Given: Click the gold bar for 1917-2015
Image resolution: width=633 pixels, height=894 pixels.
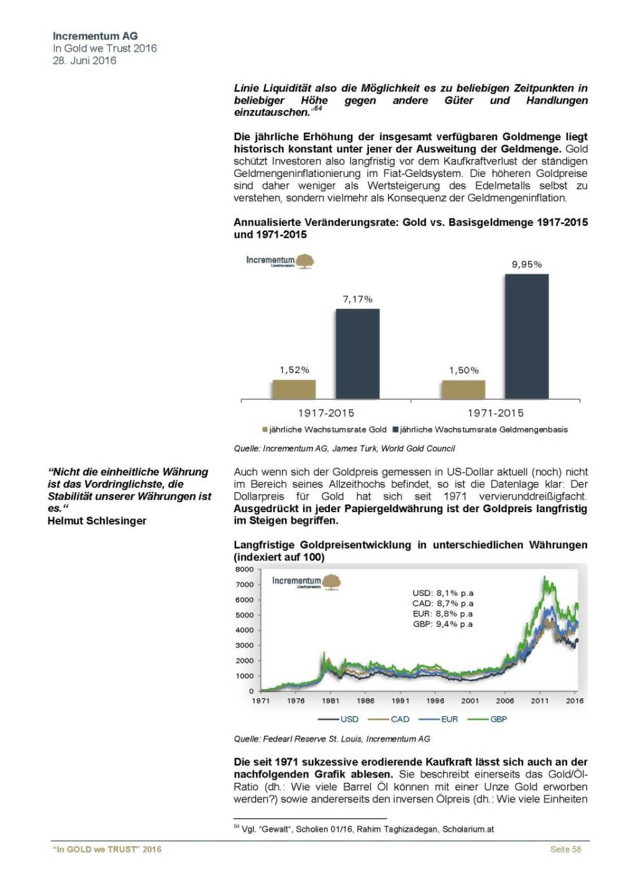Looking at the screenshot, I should click(x=294, y=389).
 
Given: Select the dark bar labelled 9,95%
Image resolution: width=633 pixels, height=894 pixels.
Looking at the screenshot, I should click(x=526, y=336).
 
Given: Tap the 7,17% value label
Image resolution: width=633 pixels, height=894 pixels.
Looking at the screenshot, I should click(x=358, y=299).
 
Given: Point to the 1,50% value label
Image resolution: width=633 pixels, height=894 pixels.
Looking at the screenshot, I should click(x=464, y=370).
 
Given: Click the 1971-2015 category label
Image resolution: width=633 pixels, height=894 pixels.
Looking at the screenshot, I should click(x=495, y=413).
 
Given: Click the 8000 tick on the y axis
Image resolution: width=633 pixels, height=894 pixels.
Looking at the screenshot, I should click(x=245, y=569).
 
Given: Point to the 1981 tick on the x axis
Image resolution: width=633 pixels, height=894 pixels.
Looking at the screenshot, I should click(x=330, y=701).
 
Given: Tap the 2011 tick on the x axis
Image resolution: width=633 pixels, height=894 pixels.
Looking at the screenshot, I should click(x=540, y=701).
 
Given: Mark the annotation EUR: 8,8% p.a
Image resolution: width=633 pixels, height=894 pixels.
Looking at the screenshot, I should click(x=443, y=614).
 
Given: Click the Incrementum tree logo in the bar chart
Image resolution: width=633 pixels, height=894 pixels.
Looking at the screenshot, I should click(x=304, y=261).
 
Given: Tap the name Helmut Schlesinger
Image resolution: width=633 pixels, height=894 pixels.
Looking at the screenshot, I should click(x=97, y=521).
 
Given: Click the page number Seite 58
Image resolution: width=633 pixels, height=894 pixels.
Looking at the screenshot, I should click(x=565, y=849).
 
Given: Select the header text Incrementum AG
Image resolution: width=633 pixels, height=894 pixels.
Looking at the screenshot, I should click(x=95, y=36).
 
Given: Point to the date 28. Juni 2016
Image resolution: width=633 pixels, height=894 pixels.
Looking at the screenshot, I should click(x=84, y=60).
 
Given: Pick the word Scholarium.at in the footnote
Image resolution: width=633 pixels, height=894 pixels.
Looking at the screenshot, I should click(x=468, y=829).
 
